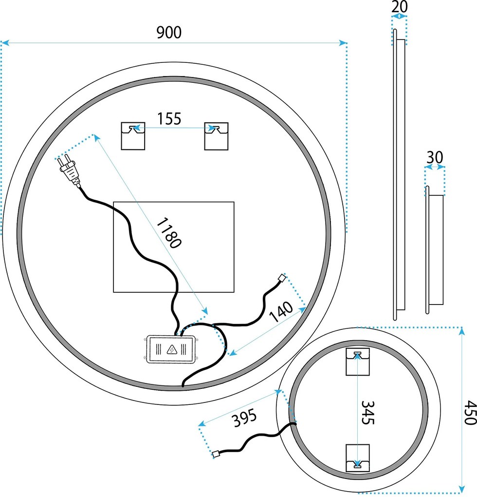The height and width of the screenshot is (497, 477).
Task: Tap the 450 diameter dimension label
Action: click(x=469, y=413)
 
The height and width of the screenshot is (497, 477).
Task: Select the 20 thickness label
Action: click(x=399, y=7)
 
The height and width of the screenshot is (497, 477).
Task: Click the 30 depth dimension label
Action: click(x=435, y=157)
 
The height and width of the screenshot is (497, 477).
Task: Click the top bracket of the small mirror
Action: click(x=358, y=362)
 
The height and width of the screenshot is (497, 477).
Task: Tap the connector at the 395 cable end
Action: click(x=216, y=455)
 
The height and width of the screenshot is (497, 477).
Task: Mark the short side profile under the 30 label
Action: click(x=435, y=249)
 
